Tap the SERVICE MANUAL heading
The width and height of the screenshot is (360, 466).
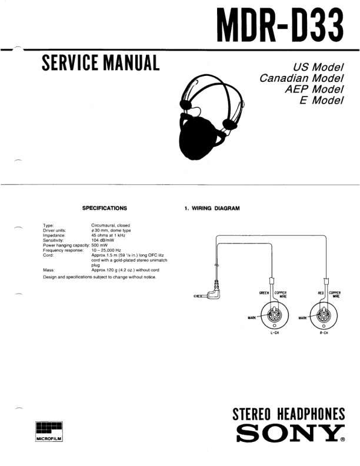click(x=101, y=62)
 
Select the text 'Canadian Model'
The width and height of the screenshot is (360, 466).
click(x=301, y=77)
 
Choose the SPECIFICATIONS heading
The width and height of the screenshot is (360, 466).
click(x=105, y=208)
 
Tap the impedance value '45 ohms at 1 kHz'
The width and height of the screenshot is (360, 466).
click(x=111, y=235)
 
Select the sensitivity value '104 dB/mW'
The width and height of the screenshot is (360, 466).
click(x=104, y=240)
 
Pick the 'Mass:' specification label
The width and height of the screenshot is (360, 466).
click(x=49, y=270)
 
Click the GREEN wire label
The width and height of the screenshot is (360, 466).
click(x=264, y=292)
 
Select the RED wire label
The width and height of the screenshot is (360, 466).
click(x=321, y=292)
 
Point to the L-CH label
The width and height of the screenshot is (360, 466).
click(x=274, y=333)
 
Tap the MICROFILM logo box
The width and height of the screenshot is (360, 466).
click(x=49, y=432)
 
